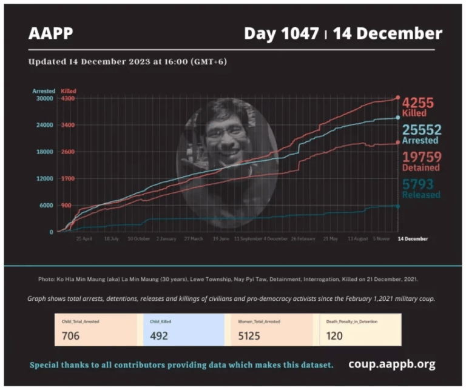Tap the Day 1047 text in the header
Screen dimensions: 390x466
click(281, 34)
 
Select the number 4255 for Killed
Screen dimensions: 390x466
click(417, 103)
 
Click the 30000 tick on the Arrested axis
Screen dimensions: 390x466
click(45, 98)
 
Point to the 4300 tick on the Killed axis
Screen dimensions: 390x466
click(67, 98)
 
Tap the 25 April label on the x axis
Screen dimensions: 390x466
click(84, 239)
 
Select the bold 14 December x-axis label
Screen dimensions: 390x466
click(413, 239)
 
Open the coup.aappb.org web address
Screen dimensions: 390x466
click(391, 365)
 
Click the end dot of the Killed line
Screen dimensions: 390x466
click(397, 97)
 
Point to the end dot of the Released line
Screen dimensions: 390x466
click(397, 206)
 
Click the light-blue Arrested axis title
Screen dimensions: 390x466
click(44, 91)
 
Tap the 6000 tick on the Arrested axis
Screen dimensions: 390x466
click(47, 206)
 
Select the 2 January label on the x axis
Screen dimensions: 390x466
click(166, 239)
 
